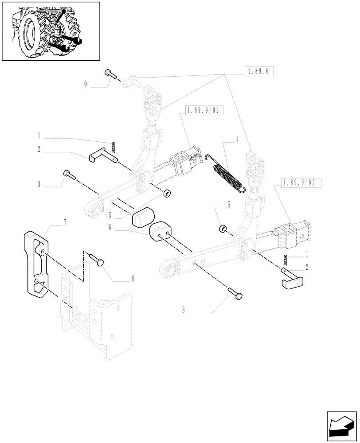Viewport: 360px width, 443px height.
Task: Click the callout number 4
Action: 237,140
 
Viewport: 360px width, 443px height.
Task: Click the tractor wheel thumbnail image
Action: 51,31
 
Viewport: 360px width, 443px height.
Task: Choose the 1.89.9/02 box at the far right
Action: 299,182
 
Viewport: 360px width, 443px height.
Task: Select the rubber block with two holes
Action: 161,232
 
